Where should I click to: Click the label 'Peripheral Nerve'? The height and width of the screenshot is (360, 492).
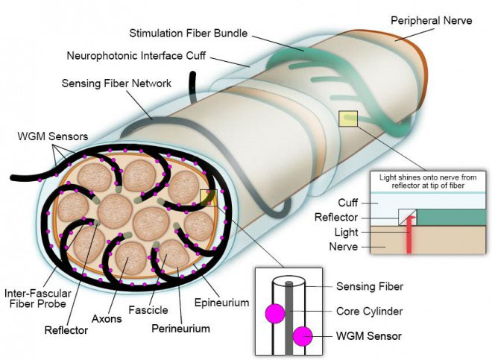coord(432,20)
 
